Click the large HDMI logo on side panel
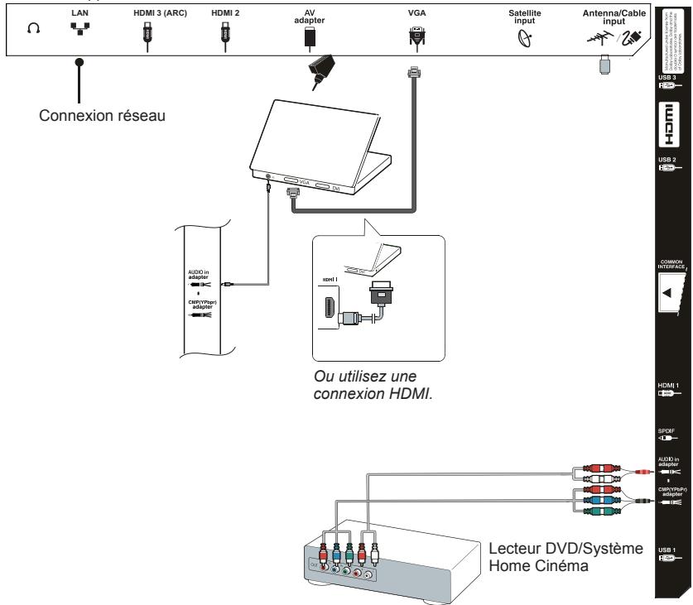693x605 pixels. click(x=671, y=131)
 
